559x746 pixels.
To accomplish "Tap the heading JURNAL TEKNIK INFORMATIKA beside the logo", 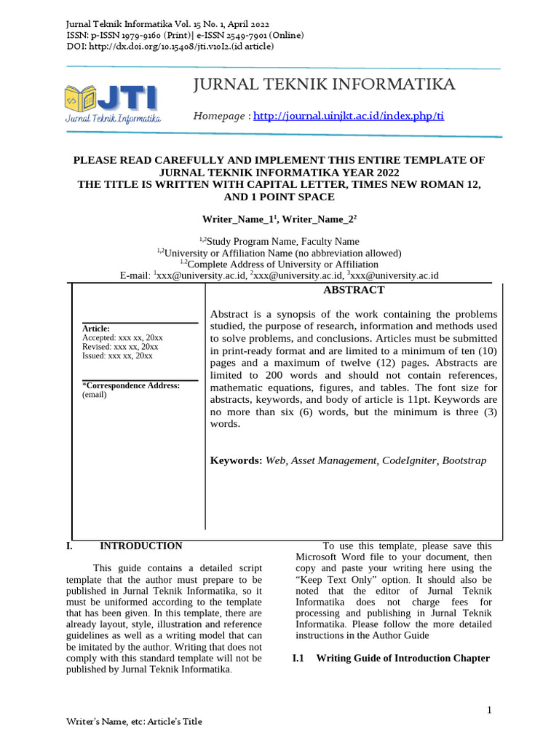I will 324,85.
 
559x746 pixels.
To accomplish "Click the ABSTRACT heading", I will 353,290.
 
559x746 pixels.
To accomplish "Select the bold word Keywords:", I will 236,460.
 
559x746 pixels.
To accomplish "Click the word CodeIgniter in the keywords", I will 410,460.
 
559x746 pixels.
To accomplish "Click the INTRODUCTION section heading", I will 140,546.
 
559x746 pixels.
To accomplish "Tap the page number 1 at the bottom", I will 490,710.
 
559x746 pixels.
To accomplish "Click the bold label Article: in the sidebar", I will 96,329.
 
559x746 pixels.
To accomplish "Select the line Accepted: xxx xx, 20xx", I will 122,338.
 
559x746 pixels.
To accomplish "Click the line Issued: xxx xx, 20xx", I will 117,356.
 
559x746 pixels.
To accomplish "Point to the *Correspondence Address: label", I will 130,385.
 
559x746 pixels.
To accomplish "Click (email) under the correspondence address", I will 94,395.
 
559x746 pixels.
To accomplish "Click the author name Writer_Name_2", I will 318,219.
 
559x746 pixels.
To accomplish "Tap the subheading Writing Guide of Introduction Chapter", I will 403,659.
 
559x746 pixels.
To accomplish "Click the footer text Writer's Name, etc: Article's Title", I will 134,721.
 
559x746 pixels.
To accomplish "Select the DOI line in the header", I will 170,46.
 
